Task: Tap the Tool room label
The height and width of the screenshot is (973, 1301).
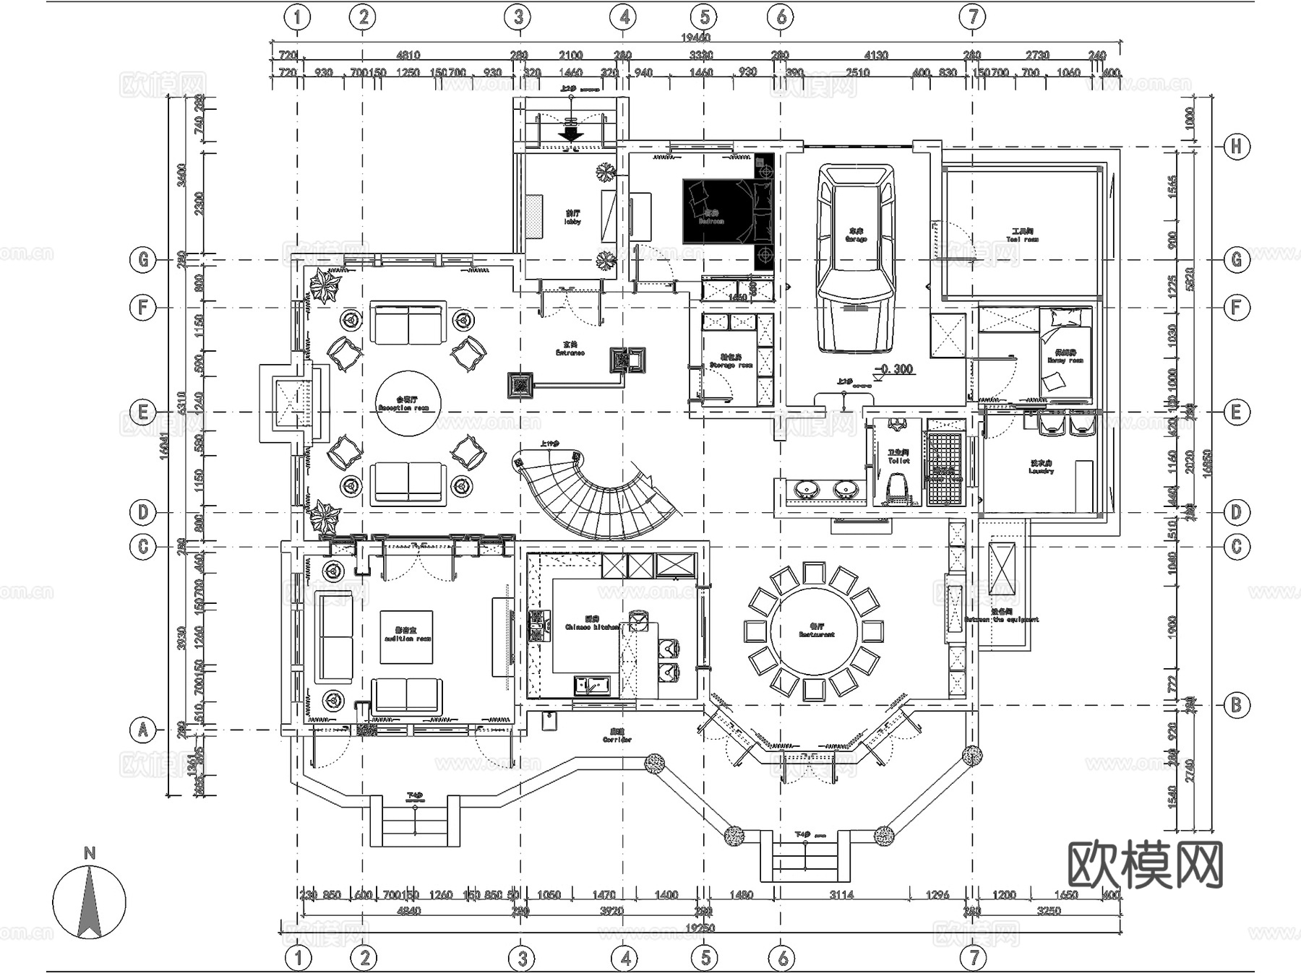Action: (x=1023, y=235)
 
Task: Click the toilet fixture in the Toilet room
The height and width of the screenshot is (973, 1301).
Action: (x=897, y=488)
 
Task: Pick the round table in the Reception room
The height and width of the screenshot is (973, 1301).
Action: (x=408, y=404)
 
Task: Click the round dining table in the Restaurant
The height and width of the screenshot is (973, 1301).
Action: (x=815, y=631)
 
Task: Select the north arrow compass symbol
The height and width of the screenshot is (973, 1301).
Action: (x=89, y=902)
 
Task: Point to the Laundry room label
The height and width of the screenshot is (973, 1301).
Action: (x=1042, y=467)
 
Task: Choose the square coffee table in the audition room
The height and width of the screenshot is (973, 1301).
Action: (x=406, y=636)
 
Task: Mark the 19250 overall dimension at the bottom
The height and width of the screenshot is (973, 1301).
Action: (x=699, y=928)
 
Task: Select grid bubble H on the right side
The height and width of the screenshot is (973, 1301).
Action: (x=1236, y=147)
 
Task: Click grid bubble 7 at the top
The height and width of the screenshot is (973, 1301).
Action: (x=973, y=17)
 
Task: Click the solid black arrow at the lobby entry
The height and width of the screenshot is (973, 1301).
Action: (x=571, y=134)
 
